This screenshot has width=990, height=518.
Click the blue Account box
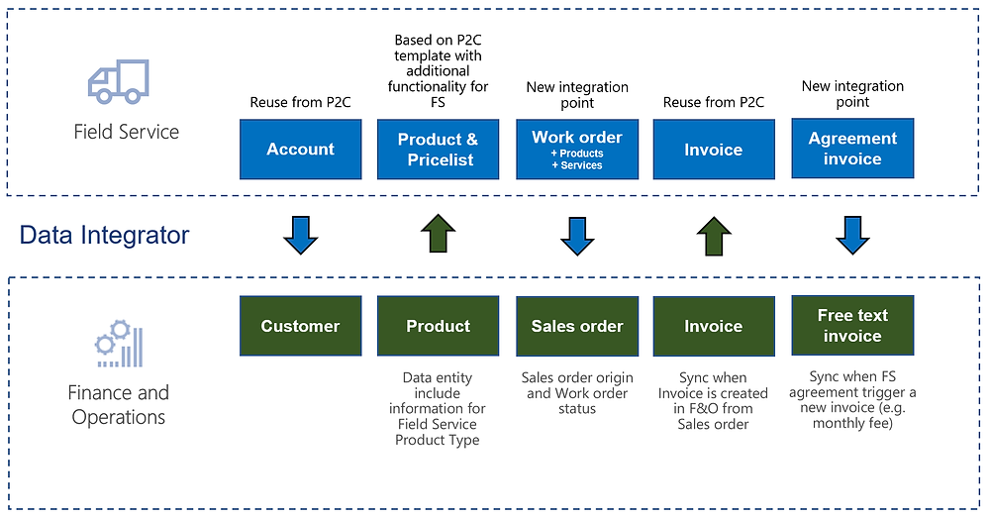point(301,150)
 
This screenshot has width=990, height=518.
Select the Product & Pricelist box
point(439,150)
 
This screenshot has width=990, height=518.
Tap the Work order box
point(577,150)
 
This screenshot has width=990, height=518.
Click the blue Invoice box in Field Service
point(714,150)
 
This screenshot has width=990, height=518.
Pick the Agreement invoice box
point(852,149)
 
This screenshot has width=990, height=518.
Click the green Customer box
point(301,326)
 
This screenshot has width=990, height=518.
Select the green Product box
point(439,326)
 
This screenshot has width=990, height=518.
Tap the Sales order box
point(577,326)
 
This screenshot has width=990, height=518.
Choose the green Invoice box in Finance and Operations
point(714,326)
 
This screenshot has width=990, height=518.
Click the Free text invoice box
point(852,325)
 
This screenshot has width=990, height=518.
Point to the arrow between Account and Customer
point(301,236)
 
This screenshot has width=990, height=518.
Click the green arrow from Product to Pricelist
point(439,233)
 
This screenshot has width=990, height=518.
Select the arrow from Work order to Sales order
point(577,237)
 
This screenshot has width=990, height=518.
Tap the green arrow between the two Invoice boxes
point(714,236)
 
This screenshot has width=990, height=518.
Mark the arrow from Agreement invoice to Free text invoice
point(852,236)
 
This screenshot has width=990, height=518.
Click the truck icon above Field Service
point(119,81)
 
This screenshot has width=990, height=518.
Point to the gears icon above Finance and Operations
point(119,344)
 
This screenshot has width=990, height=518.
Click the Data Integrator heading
point(104,235)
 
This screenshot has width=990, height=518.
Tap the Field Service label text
point(127,132)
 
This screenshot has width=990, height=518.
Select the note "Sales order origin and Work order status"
point(577,393)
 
